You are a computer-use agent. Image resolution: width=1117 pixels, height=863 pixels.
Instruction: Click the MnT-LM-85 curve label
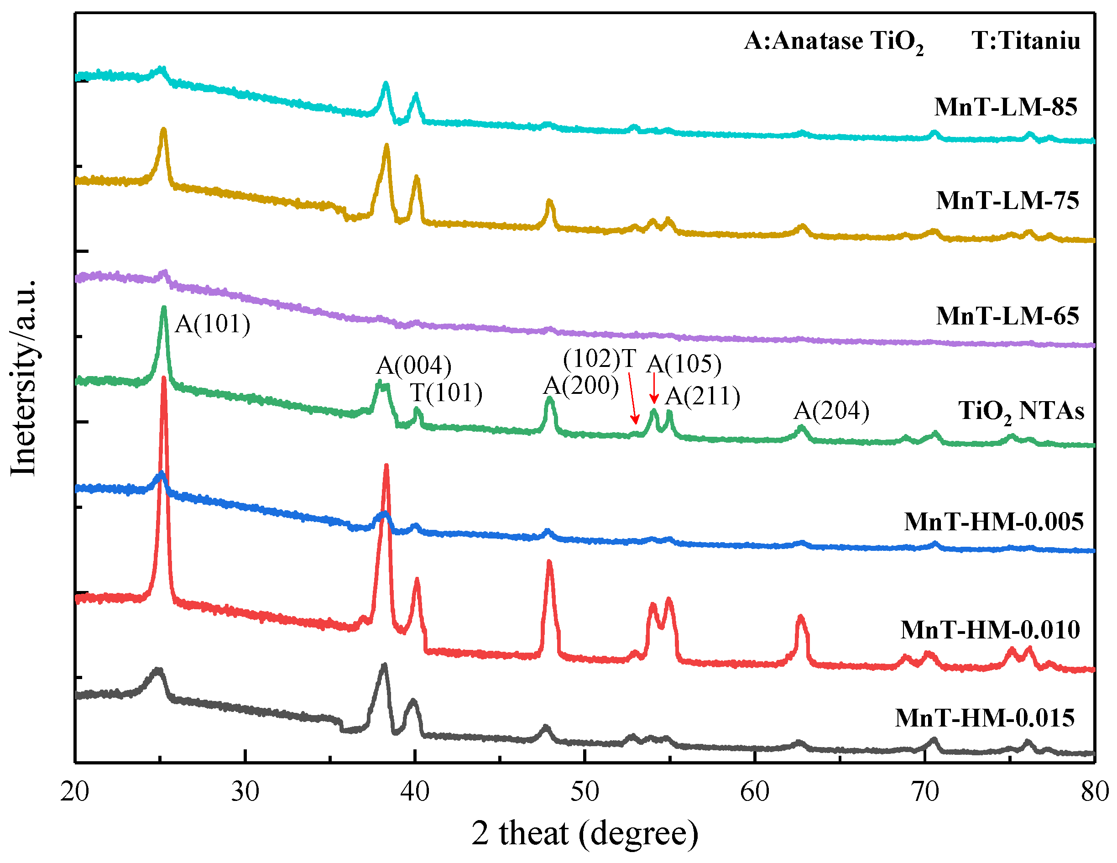(x=1006, y=107)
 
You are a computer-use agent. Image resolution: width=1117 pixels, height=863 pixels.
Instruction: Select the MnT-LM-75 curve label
(x=1007, y=200)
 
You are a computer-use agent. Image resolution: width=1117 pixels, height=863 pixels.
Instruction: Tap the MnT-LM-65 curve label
(x=1007, y=316)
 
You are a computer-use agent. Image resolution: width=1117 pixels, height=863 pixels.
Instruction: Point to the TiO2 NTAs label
(x=1021, y=411)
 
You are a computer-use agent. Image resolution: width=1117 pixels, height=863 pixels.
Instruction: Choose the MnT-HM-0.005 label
(x=993, y=522)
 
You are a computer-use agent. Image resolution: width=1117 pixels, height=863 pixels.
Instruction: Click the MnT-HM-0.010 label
(x=990, y=629)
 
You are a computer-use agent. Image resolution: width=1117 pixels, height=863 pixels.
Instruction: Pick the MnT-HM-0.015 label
(x=985, y=718)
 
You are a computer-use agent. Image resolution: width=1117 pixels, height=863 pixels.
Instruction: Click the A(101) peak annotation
(x=213, y=324)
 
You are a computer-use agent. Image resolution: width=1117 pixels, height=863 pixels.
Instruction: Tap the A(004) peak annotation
(x=414, y=366)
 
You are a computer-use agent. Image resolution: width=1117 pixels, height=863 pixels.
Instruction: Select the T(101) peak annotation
(x=446, y=393)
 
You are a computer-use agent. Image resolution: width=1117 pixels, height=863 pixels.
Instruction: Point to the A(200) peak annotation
(x=581, y=385)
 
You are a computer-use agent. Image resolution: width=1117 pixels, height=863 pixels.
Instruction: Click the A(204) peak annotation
(x=832, y=411)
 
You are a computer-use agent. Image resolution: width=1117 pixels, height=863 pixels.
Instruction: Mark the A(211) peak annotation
(x=703, y=396)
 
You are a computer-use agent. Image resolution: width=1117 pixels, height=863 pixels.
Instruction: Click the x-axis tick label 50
(x=585, y=792)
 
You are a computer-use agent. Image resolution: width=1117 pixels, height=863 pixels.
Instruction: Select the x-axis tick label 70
(x=925, y=792)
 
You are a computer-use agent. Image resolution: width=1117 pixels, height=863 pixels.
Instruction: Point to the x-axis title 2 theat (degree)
(x=585, y=834)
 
